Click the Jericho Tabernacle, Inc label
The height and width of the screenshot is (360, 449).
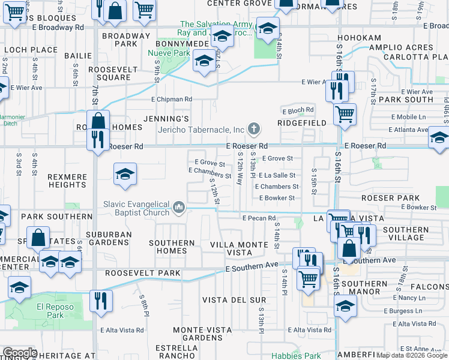[x=201, y=130]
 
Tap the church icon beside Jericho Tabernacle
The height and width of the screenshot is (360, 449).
[x=254, y=129]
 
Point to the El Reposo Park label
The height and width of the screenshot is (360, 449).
[x=50, y=310]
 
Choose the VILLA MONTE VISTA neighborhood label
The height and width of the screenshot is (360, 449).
[x=238, y=249]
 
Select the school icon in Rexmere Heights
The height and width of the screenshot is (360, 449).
[x=125, y=174]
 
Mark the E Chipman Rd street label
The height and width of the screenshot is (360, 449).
[x=171, y=99]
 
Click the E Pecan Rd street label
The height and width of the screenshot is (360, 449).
[x=258, y=218]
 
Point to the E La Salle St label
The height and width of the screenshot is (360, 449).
[x=277, y=175]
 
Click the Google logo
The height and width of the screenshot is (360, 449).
[x=20, y=353]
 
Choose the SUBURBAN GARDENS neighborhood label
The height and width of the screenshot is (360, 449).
[x=116, y=238]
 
